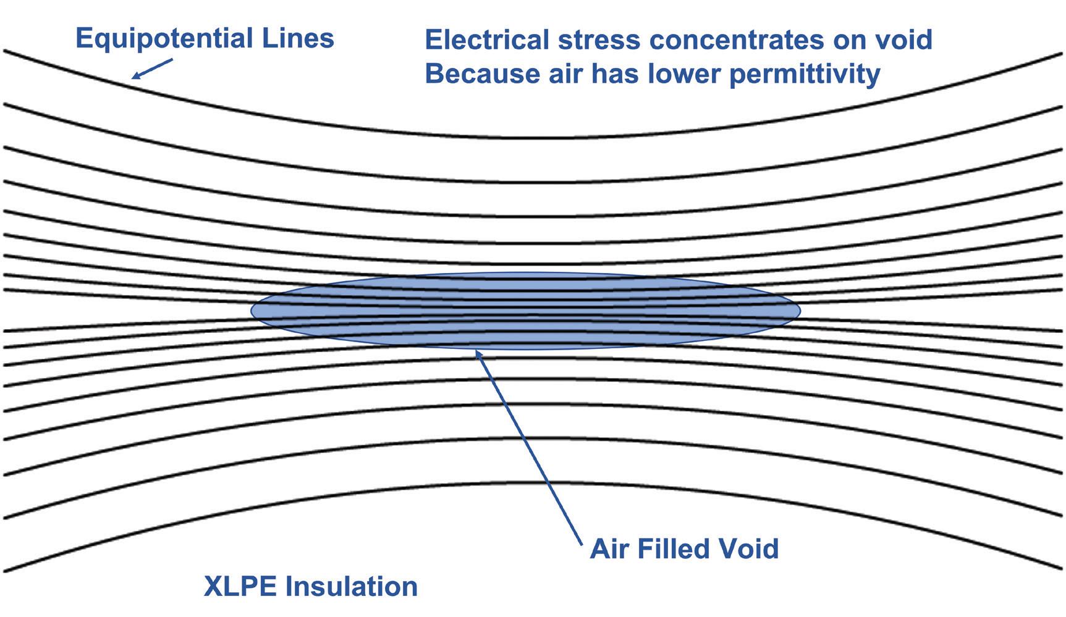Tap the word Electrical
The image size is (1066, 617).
(487, 40)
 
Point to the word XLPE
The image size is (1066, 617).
(239, 586)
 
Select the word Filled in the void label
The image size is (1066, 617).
(678, 548)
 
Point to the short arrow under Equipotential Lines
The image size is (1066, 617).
(151, 69)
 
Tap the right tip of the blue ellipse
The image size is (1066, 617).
(799, 310)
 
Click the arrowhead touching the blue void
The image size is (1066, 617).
(477, 353)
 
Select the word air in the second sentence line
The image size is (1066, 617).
(567, 74)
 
